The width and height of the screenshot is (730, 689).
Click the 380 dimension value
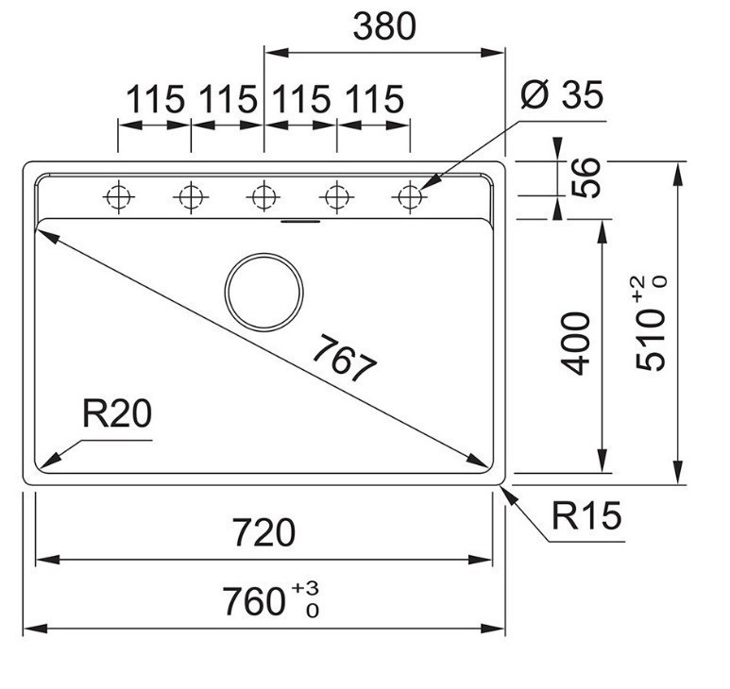[x=384, y=27]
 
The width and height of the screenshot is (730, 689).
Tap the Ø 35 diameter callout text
[x=562, y=95]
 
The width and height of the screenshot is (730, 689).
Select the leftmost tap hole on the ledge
[x=118, y=197]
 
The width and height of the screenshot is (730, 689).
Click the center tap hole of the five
[x=264, y=197]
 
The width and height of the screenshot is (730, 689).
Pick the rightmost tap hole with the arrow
[x=410, y=197]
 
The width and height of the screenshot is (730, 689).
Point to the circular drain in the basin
[x=264, y=292]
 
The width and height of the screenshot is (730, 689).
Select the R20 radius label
[x=117, y=414]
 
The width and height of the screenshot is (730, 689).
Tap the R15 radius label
[x=586, y=516]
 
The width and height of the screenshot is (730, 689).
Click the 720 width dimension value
[x=264, y=532]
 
